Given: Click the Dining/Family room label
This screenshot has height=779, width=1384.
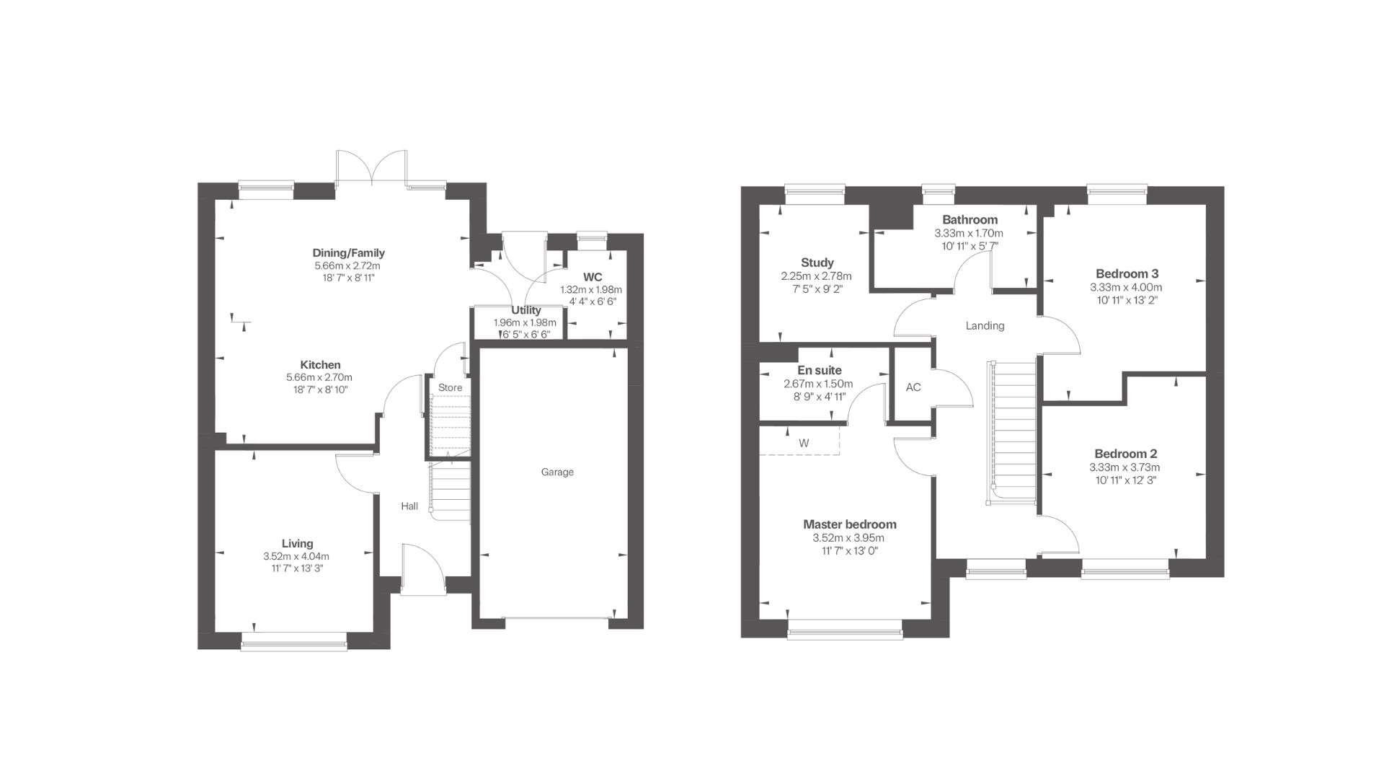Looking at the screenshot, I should (348, 253).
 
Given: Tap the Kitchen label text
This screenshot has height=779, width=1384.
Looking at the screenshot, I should (320, 365).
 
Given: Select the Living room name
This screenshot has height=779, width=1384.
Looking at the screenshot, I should (297, 544).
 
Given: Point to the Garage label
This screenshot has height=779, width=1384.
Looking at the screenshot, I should (557, 472).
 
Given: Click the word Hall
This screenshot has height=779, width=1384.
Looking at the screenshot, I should (409, 506).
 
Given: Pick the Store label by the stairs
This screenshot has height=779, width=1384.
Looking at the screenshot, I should (450, 388).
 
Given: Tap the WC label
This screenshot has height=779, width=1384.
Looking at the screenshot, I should (593, 278).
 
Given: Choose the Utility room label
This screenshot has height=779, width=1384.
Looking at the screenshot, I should (526, 311).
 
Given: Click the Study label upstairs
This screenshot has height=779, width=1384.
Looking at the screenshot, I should (817, 263).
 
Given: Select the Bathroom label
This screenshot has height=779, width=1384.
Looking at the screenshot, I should (970, 220).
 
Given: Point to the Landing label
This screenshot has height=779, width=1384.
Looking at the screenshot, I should (985, 326).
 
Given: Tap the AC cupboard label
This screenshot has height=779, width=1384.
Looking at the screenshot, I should (913, 387).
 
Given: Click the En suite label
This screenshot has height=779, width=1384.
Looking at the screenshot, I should (820, 371).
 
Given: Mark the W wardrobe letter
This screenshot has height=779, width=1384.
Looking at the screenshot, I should (804, 444).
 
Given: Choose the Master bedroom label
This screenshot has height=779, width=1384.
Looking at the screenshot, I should (850, 524).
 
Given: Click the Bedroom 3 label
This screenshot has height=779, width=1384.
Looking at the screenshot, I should (1127, 274).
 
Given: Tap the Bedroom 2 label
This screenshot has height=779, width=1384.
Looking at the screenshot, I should (1125, 454).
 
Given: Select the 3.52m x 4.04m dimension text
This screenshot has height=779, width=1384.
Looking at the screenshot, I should (296, 557).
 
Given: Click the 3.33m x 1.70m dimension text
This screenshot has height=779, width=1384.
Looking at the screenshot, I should (969, 234).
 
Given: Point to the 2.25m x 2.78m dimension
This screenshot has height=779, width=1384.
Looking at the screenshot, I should (816, 276).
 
